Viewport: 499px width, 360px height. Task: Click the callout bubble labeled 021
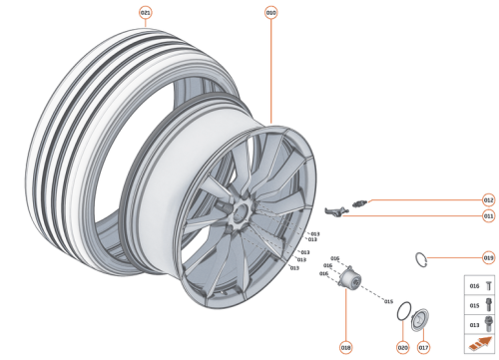[x=147, y=13]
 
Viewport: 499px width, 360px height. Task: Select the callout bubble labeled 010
[x=270, y=13]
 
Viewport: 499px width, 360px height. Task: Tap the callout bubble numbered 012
[x=488, y=199]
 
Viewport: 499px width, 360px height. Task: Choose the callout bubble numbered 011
[x=488, y=215]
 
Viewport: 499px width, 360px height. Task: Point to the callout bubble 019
[x=488, y=257]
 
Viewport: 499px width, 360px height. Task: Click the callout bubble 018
[x=345, y=347]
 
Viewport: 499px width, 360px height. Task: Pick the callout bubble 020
[x=402, y=347]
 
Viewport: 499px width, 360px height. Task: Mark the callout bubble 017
[x=423, y=347]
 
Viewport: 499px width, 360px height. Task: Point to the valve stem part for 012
[x=361, y=202]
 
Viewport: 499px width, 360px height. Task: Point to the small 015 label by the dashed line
[x=388, y=300]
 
